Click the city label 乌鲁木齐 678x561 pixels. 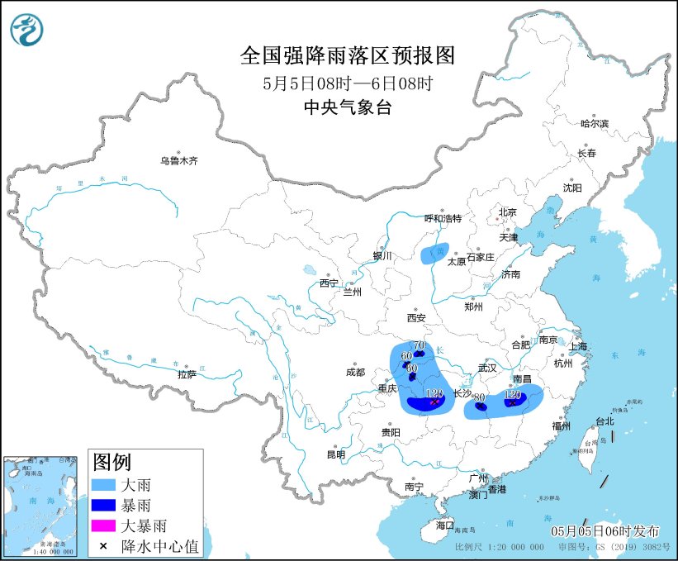tap(178, 161)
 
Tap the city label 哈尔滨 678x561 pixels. tap(594, 123)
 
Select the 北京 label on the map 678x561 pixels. tap(507, 212)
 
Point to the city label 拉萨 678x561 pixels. tap(187, 374)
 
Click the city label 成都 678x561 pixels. tap(355, 372)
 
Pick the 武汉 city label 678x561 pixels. tap(487, 367)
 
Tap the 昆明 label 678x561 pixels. tap(336, 454)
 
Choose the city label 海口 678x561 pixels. tap(445, 525)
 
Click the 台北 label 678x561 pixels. tap(605, 421)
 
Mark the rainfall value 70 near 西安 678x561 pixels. tap(419, 345)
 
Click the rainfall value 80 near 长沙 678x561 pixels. tap(478, 397)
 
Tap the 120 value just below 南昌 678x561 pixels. tap(512, 396)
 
